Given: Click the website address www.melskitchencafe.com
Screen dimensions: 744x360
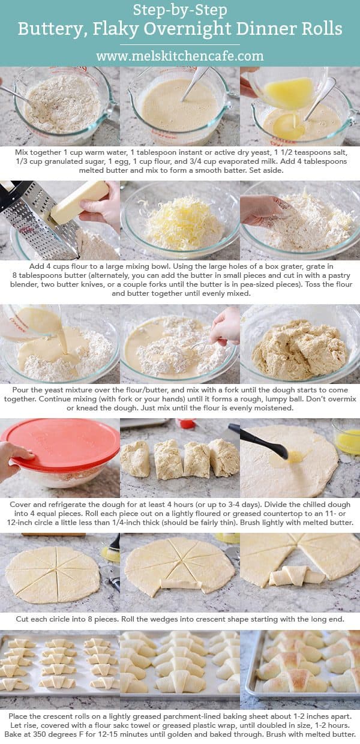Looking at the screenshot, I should (x=179, y=56).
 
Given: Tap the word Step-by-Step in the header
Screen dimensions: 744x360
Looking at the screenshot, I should (x=179, y=10).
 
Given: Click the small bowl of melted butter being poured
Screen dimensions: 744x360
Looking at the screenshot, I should (x=288, y=90).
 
